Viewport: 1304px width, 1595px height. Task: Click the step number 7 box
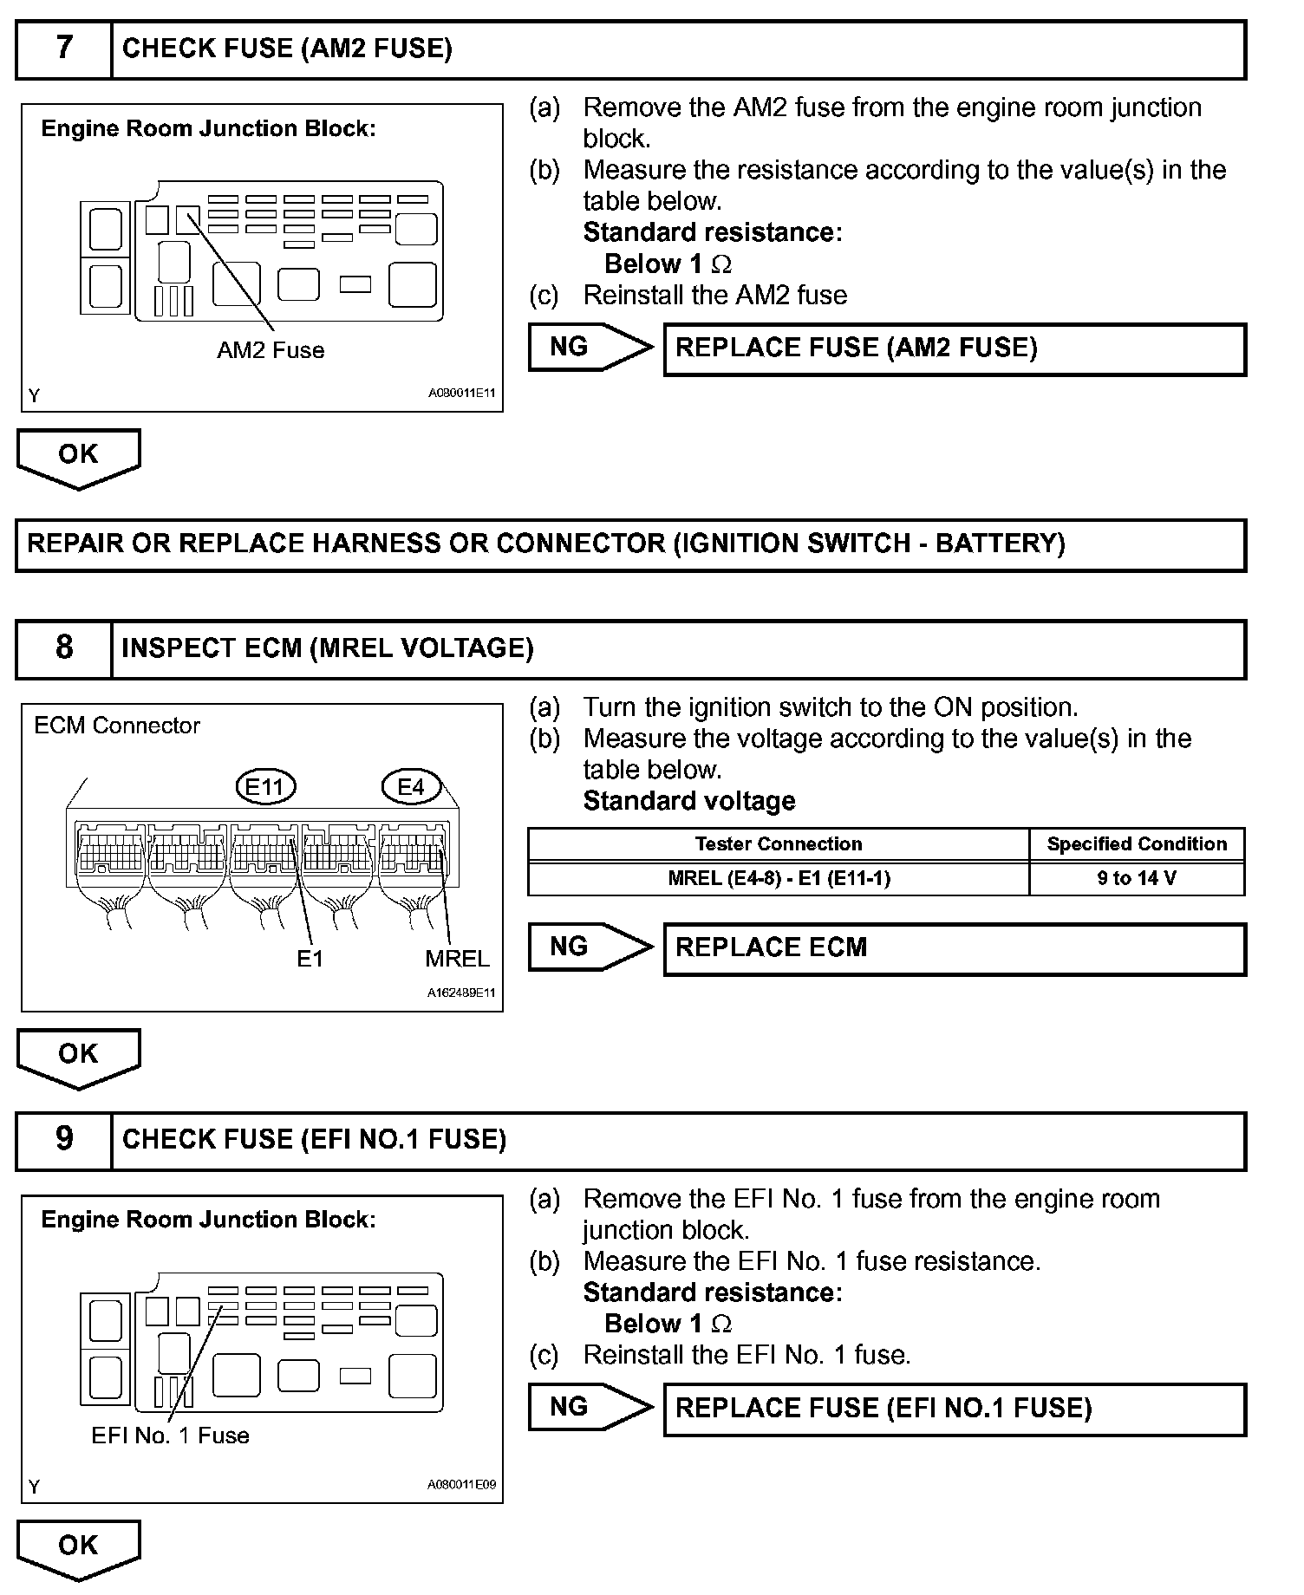(64, 49)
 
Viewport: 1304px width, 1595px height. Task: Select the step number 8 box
(64, 648)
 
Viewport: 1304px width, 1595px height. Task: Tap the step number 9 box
(64, 1139)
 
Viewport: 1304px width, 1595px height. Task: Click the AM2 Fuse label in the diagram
(271, 350)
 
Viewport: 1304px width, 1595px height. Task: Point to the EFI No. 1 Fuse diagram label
(170, 1435)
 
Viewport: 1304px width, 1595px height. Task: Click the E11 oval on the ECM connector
(265, 787)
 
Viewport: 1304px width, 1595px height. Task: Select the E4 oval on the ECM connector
(411, 787)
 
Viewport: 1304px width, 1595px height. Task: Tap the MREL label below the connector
(457, 959)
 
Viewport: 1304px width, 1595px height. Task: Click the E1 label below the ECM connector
(310, 959)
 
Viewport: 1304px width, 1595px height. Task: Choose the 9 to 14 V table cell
(1136, 878)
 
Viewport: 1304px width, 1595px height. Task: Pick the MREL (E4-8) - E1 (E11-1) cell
(779, 878)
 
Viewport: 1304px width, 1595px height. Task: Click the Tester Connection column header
(779, 844)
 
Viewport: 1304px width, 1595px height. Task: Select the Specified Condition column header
(1136, 844)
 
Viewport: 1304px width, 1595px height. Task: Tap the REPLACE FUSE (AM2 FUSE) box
(954, 348)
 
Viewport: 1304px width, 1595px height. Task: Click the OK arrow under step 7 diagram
(78, 456)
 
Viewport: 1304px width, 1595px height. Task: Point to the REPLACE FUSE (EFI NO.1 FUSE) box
(954, 1408)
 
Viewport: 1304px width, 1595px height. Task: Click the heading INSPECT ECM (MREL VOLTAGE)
(328, 648)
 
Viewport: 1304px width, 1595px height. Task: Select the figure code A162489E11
(461, 993)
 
